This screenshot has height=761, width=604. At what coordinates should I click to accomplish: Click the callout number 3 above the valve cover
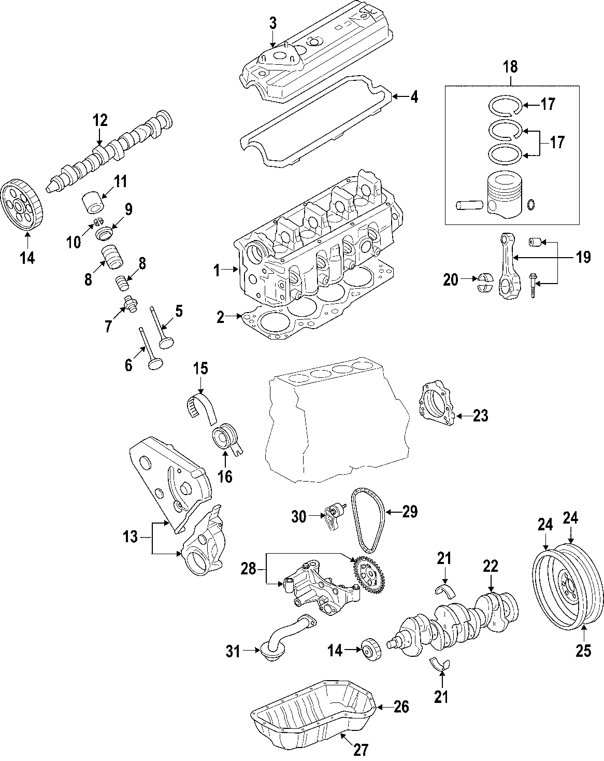pos(272,23)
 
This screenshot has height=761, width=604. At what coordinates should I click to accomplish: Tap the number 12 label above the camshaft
pos(100,120)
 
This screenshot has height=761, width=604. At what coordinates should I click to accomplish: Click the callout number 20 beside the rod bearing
pos(451,280)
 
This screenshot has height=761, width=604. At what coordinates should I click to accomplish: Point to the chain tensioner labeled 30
pos(332,517)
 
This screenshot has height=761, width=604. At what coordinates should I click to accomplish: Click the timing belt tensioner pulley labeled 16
pos(226,436)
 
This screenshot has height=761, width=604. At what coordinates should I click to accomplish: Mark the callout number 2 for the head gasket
pos(221,317)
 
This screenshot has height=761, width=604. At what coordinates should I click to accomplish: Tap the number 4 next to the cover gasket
pos(413,97)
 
